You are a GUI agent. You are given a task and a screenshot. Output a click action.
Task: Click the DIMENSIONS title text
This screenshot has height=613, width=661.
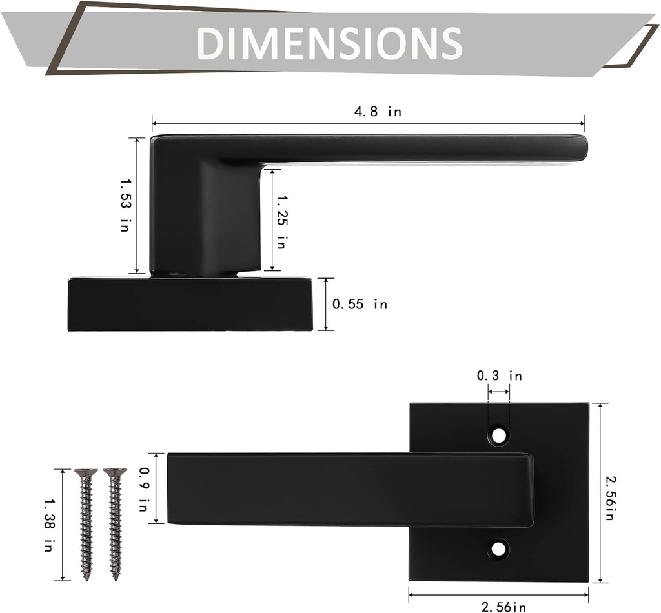329,43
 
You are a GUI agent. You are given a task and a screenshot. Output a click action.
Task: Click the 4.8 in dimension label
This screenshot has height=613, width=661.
378,112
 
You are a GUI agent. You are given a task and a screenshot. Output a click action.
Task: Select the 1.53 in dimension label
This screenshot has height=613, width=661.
125,206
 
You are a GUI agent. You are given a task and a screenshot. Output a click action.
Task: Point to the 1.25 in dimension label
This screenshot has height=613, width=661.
280,221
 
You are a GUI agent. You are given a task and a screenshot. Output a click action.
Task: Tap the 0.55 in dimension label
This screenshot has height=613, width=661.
360,304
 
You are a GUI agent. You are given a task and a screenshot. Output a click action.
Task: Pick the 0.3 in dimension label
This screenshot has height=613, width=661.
499,376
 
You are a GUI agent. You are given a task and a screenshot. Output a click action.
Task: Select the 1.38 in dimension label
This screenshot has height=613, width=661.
48,525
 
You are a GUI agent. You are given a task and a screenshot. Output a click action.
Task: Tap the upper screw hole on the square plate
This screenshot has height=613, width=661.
498,435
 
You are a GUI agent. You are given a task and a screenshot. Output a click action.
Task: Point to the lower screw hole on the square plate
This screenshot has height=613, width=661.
498,549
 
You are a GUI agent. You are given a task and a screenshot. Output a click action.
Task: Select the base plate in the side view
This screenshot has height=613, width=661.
190,305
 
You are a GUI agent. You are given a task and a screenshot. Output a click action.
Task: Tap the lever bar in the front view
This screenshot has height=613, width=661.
349,488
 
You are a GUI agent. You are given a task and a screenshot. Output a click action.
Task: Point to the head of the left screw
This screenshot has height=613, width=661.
86,474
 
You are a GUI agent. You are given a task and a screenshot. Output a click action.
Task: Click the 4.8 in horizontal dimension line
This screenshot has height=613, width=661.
258,123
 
